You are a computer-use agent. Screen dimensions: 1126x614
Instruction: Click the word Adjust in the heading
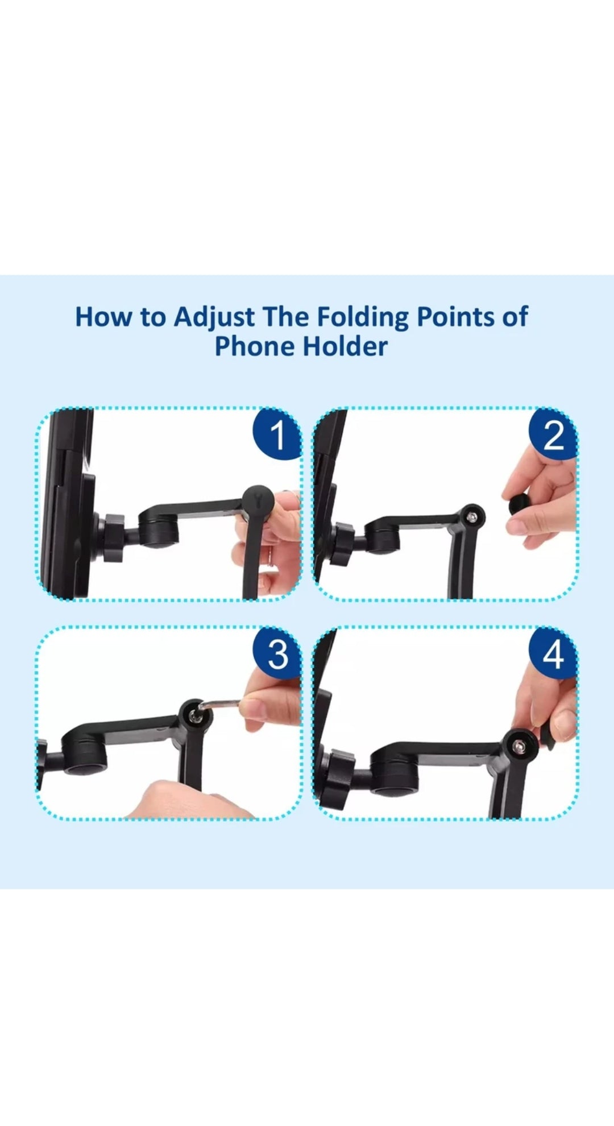[x=214, y=317]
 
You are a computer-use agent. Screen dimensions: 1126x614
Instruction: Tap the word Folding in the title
[x=362, y=317]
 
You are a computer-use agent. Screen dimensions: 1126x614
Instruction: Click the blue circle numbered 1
[x=277, y=435]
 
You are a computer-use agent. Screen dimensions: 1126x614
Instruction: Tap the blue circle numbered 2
[x=553, y=435]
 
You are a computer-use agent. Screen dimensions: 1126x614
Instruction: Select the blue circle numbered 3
[x=277, y=654]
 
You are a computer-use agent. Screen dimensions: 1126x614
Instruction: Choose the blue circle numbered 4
[x=553, y=654]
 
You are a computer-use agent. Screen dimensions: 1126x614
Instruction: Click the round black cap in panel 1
[x=259, y=500]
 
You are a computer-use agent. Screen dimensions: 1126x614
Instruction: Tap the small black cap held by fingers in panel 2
[x=518, y=504]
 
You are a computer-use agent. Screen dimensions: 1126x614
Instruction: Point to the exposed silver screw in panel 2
[x=472, y=516]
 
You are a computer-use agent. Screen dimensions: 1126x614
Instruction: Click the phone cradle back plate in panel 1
[x=68, y=506]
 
